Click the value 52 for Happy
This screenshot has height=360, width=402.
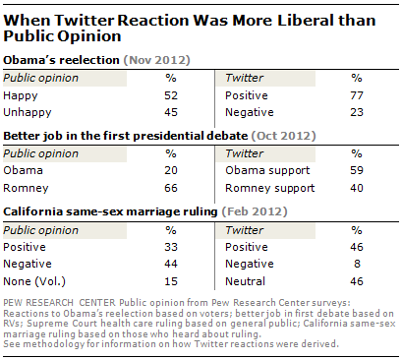pyautogui.click(x=171, y=95)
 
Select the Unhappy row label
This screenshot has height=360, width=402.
pyautogui.click(x=28, y=112)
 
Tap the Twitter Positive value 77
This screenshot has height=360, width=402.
pyautogui.click(x=357, y=95)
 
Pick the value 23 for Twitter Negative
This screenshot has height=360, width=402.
pyautogui.click(x=357, y=112)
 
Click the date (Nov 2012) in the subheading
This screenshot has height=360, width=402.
pyautogui.click(x=156, y=60)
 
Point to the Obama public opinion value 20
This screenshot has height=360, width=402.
pyautogui.click(x=171, y=170)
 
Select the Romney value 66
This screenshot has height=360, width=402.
pyautogui.click(x=171, y=188)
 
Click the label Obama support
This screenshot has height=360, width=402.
pyautogui.click(x=267, y=171)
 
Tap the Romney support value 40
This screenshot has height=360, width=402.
pyautogui.click(x=357, y=188)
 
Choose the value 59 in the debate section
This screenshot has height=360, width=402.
pyautogui.click(x=357, y=170)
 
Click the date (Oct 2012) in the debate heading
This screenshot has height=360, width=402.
pyautogui.click(x=283, y=136)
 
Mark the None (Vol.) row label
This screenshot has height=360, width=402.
pyautogui.click(x=34, y=281)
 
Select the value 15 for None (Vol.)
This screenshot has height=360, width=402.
pyautogui.click(x=171, y=281)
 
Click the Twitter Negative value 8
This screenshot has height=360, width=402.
pyautogui.click(x=357, y=264)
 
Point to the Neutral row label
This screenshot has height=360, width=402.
pyautogui.click(x=245, y=281)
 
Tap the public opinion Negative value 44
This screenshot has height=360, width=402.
pyautogui.click(x=171, y=264)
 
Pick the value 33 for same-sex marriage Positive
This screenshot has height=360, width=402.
pyautogui.click(x=171, y=247)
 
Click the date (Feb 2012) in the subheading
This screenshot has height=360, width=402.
pyautogui.click(x=255, y=211)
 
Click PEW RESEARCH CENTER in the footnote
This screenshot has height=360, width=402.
pyautogui.click(x=59, y=303)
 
